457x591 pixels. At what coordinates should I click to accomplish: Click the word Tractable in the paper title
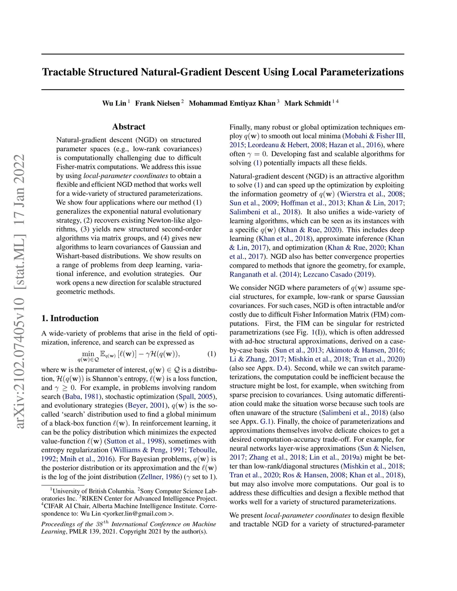[64, 72]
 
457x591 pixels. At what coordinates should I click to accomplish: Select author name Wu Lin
[114, 103]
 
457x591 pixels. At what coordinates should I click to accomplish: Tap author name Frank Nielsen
[157, 103]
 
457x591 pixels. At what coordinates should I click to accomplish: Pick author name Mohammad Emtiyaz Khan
[232, 103]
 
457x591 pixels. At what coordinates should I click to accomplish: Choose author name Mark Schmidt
[307, 103]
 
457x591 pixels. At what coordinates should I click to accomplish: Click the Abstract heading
[129, 127]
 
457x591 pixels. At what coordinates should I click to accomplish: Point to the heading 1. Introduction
[70, 318]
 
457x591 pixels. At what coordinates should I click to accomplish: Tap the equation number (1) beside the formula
[212, 354]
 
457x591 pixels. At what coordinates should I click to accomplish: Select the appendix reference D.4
[283, 368]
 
